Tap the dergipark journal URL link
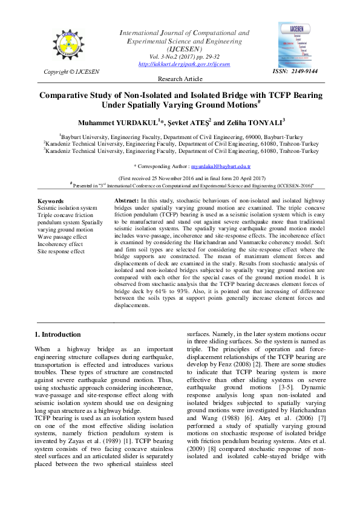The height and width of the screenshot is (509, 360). click(184, 64)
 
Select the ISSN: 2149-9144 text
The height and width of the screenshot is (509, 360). click(295, 72)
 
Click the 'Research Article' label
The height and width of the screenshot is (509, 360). click(180, 79)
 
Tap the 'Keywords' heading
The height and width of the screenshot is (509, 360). click(50, 201)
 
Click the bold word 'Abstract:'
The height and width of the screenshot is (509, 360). click(127, 200)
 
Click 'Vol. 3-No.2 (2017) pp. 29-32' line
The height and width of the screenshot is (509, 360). click(184, 56)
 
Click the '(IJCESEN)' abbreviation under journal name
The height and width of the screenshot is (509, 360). click(184, 48)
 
